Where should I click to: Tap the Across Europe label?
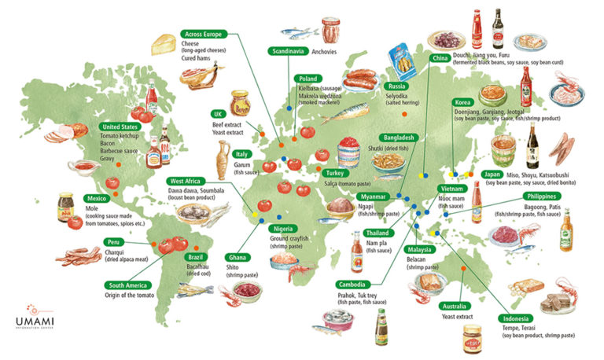204,35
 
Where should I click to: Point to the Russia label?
397,86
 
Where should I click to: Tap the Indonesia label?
519,318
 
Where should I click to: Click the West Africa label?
187,181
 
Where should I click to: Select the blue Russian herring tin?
402,61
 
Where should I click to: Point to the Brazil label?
195,258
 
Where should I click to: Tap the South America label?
130,285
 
